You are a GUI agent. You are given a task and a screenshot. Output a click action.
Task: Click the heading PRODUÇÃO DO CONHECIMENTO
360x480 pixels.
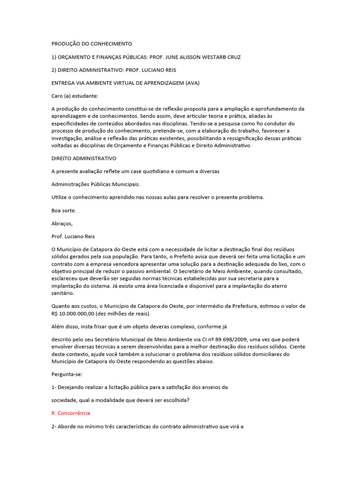tap(91, 44)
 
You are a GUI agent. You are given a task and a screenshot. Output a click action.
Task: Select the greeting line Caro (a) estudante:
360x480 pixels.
tap(75, 96)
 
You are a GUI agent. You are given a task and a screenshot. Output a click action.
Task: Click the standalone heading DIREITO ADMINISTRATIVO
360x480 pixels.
tap(84, 158)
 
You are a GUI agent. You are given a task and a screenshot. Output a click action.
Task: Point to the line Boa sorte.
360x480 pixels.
tap(63, 210)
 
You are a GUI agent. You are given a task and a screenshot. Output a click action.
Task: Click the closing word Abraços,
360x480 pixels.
tap(62, 224)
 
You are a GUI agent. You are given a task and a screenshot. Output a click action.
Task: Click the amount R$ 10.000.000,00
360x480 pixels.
tap(76, 314)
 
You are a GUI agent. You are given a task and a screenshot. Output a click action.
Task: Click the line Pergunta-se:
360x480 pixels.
tap(67, 375)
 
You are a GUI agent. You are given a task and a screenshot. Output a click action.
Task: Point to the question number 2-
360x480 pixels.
tap(54, 427)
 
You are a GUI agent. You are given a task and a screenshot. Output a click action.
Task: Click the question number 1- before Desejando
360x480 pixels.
tap(54, 387)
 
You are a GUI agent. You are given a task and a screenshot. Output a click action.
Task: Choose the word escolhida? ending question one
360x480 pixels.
tap(176, 400)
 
